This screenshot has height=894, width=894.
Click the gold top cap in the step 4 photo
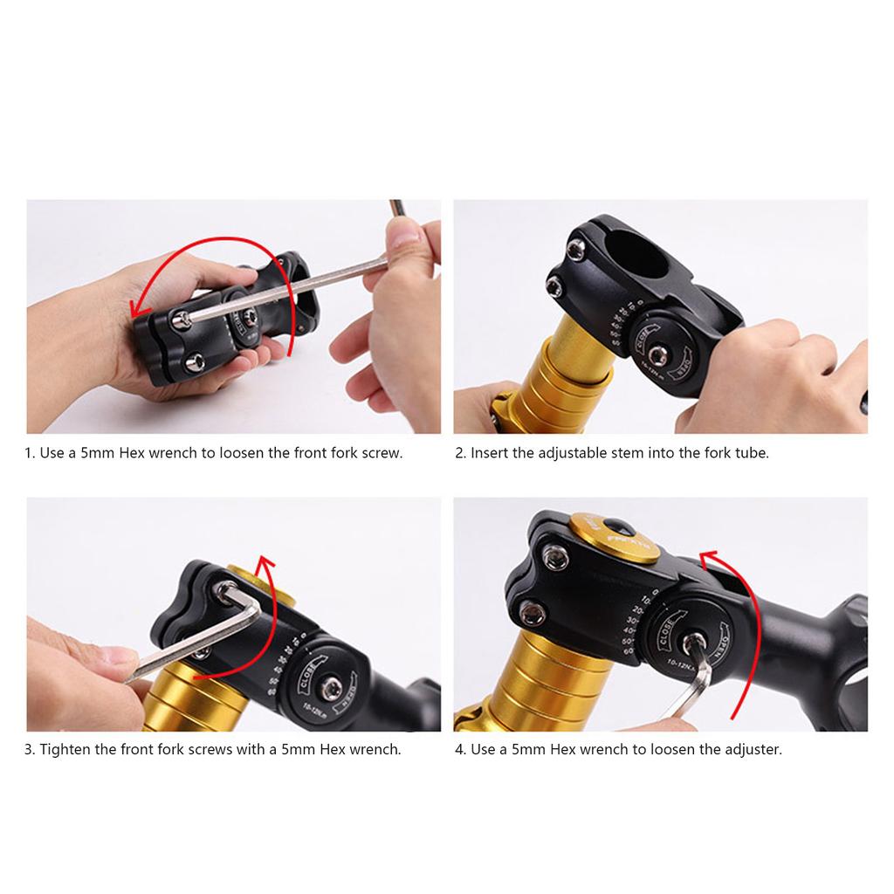615,534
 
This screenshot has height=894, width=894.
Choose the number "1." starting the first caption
30,454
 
